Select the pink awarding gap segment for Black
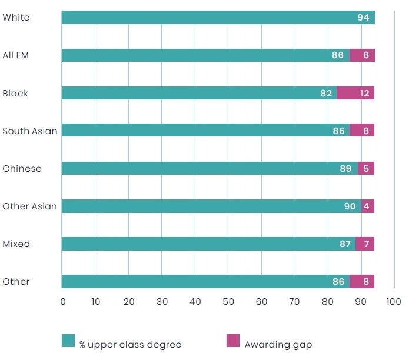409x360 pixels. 355,93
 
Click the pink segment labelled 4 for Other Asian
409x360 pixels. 368,206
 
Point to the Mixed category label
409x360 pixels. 16,244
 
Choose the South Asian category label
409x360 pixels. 29,131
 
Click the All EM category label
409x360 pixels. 15,55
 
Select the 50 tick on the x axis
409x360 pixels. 228,302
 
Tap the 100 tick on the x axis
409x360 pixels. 394,302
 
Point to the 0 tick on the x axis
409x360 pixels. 63,302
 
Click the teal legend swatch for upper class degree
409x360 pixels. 68,341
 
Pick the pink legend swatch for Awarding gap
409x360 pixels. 233,341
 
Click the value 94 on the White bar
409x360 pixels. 363,18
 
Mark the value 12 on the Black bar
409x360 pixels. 365,94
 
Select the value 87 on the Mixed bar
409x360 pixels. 345,244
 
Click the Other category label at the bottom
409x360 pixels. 16,282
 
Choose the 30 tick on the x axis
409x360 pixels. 162,302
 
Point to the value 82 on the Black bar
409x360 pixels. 326,94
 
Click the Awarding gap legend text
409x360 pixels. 278,345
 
